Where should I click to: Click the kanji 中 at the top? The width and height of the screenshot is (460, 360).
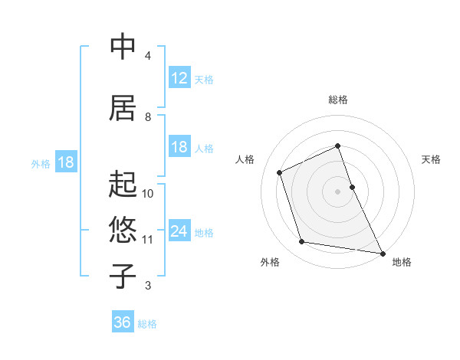pos(123,47)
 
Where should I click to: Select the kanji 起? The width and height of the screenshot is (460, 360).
pos(123,185)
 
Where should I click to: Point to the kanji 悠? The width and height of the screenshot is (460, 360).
pos(123,230)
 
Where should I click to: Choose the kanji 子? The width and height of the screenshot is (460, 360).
pos(123,277)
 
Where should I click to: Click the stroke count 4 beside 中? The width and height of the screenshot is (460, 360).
pos(147,56)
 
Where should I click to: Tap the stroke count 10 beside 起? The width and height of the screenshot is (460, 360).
pos(148,194)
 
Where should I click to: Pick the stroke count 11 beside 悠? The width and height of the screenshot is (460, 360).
pos(148,240)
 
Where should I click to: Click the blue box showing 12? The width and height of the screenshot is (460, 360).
pos(179,78)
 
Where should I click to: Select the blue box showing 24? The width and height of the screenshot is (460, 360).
pos(179,231)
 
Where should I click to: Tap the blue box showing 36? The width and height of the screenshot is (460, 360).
pos(123,322)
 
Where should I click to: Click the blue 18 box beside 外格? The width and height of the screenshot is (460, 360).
pos(65,162)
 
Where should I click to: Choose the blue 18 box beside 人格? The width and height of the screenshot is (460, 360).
pos(179,147)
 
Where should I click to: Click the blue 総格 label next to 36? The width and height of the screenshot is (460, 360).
pos(147,324)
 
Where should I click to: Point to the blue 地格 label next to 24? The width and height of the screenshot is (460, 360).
pos(204,233)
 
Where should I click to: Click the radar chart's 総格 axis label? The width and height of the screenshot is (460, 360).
pos(338,100)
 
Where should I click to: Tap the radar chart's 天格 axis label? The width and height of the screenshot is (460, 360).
pos(431,159)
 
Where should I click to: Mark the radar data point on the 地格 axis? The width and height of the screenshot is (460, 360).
pos(382,252)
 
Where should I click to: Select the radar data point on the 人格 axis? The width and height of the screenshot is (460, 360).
pos(280,172)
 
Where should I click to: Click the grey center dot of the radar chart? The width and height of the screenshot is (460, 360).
pos(338,191)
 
